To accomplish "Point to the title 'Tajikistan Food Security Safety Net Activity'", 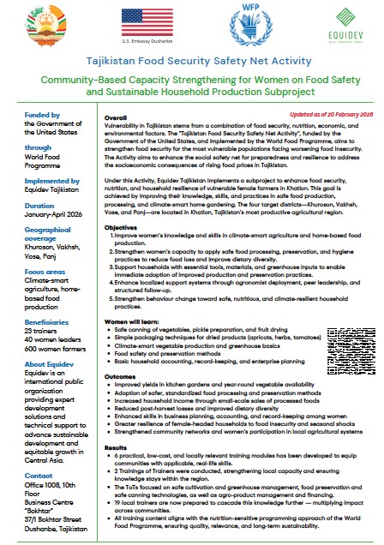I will pos(191,63).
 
